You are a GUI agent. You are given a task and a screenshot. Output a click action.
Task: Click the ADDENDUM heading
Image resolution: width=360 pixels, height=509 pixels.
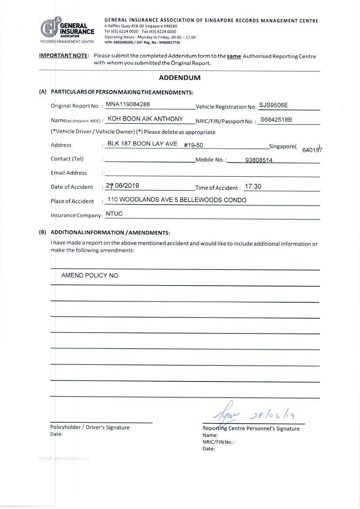tap(179, 78)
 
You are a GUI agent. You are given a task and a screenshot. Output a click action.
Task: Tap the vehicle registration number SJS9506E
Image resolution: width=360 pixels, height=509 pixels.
tap(273, 105)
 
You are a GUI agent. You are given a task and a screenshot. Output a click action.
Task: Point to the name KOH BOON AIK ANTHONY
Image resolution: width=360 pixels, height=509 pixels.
tap(145, 119)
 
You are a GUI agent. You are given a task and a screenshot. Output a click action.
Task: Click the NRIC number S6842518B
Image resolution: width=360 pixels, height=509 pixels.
tap(276, 119)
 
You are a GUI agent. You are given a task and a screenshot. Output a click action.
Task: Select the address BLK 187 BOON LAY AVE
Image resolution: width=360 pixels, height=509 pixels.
tap(142, 144)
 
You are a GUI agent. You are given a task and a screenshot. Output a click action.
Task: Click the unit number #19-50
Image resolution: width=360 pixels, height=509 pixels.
tap(193, 145)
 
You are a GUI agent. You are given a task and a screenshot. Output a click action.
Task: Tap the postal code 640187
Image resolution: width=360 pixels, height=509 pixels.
tap(312, 151)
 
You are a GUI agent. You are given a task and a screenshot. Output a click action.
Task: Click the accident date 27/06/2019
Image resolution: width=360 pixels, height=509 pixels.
tap(122, 185)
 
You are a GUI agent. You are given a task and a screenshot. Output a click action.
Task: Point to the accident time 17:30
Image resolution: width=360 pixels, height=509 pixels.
tap(252, 186)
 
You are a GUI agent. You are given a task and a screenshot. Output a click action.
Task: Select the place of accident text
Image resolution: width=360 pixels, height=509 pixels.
tap(177, 200)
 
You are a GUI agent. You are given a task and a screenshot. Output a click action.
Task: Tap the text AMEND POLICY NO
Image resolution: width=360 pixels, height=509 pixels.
tap(90, 276)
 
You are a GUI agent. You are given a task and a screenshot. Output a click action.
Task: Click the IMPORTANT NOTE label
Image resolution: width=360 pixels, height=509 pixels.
tap(64, 56)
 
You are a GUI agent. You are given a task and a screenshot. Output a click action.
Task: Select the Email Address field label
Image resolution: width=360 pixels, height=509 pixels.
tap(69, 173)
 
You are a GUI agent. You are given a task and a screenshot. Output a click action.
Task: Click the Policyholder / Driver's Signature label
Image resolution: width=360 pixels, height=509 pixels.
tap(90, 427)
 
